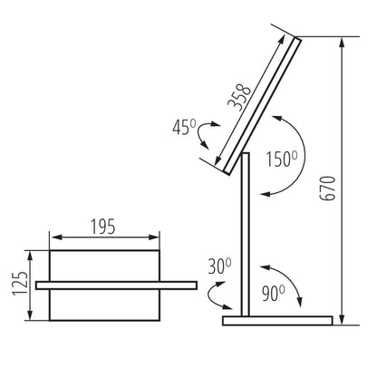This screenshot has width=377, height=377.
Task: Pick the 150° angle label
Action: click(282, 159)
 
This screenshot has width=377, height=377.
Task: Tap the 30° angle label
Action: click(220, 266)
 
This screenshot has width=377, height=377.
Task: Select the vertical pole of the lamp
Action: click(245, 236)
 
